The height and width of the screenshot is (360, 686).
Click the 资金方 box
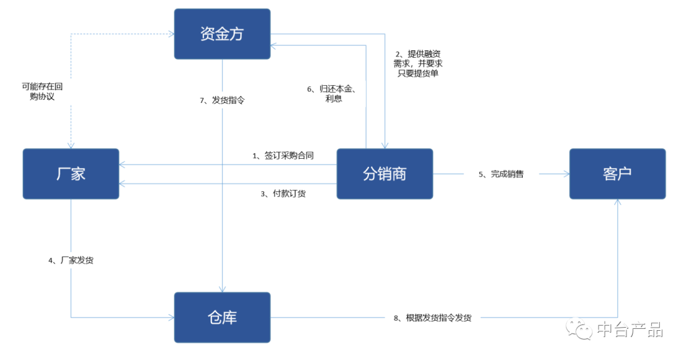tap(222, 34)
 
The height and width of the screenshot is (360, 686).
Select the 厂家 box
tap(71, 173)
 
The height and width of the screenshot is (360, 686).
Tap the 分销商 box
tap(384, 173)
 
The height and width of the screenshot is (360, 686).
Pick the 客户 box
tap(617, 173)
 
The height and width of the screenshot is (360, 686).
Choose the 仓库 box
tap(222, 317)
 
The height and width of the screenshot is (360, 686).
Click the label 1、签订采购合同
tap(283, 156)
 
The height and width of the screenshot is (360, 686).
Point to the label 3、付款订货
tap(283, 194)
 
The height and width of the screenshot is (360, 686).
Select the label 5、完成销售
tap(501, 174)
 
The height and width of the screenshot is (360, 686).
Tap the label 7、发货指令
tap(222, 100)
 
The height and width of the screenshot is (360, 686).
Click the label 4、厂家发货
tap(71, 260)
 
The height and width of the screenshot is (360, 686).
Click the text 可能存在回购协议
tap(42, 91)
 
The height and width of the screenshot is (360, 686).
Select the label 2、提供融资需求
tap(417, 63)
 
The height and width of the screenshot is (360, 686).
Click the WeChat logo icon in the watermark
tap(579, 329)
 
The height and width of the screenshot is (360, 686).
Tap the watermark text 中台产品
tap(629, 330)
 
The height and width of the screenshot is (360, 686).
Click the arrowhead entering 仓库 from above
tap(222, 289)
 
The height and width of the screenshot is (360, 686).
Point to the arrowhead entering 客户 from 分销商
tap(565, 173)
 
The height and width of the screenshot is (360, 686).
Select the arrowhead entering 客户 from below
tap(617, 203)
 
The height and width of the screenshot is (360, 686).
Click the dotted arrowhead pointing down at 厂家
tap(71, 145)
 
